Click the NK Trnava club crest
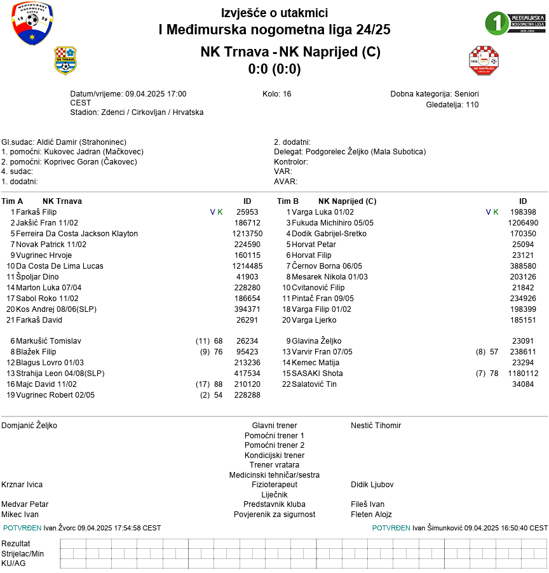point(65,60)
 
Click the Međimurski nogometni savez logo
point(32,24)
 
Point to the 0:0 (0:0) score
point(274,69)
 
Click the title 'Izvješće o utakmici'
point(274,13)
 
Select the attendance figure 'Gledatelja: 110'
point(452,105)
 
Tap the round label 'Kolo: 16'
point(276,94)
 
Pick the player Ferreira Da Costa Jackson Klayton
point(77,234)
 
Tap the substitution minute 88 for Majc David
point(218,384)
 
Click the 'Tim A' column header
point(13,201)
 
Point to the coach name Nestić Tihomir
point(376,426)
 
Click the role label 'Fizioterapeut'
point(274,485)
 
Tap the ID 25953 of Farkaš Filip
point(247,212)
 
